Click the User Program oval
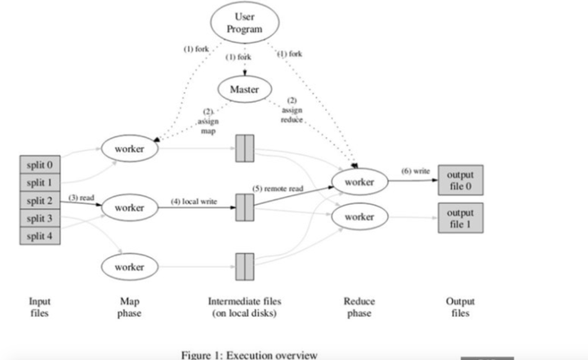click(x=244, y=24)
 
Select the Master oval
click(x=244, y=89)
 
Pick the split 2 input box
click(x=38, y=201)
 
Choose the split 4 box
click(x=38, y=237)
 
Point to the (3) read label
click(x=82, y=198)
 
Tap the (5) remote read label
click(x=278, y=189)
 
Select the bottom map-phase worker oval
click(x=129, y=267)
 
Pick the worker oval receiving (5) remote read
click(x=359, y=182)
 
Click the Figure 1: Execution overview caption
click(x=249, y=354)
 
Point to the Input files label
click(x=39, y=307)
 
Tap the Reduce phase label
click(x=359, y=307)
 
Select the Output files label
click(x=460, y=307)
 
